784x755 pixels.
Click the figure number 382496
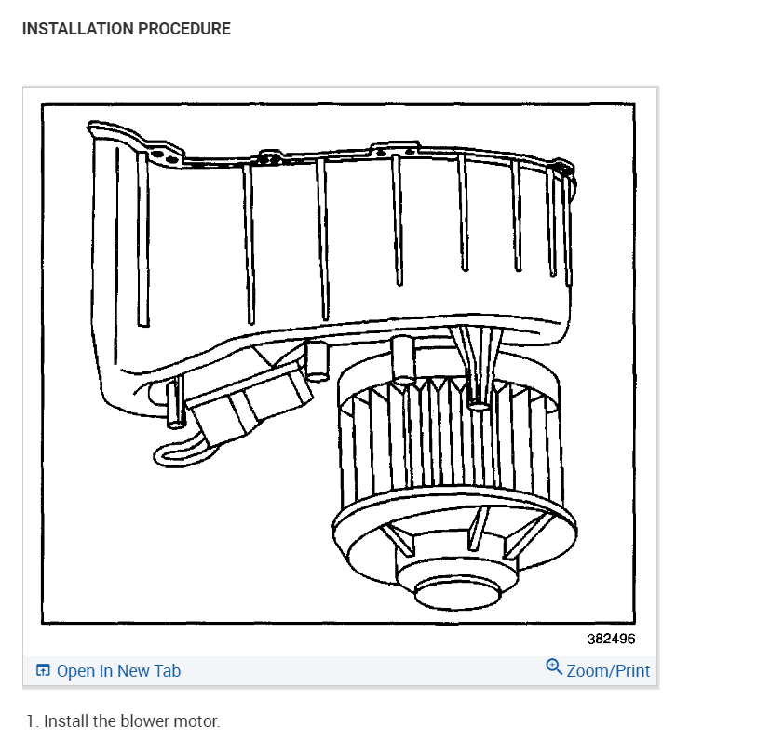(611, 639)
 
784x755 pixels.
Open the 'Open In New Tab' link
(118, 671)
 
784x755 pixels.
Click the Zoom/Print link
(608, 671)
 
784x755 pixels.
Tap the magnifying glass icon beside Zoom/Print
(554, 667)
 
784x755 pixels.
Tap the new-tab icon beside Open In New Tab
(43, 671)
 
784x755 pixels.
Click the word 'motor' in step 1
(196, 721)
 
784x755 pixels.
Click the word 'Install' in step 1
(66, 721)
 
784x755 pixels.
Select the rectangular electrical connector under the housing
(247, 398)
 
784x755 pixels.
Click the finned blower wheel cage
(447, 438)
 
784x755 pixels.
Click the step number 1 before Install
(31, 721)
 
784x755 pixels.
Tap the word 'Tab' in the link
(167, 671)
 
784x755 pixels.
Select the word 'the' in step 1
(105, 721)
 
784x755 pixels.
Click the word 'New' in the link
(132, 671)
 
